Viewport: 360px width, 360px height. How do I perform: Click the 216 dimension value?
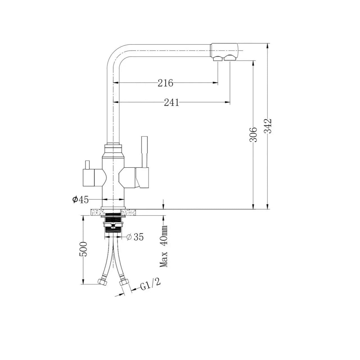coord(165,83)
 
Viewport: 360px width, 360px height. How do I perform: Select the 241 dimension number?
coord(172,103)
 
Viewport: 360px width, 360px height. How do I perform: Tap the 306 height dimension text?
coord(253,134)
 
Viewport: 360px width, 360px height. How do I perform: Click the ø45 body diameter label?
coord(80,200)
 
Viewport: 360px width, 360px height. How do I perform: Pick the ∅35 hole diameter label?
coord(135,237)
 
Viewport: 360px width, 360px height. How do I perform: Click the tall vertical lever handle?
coord(145,152)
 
